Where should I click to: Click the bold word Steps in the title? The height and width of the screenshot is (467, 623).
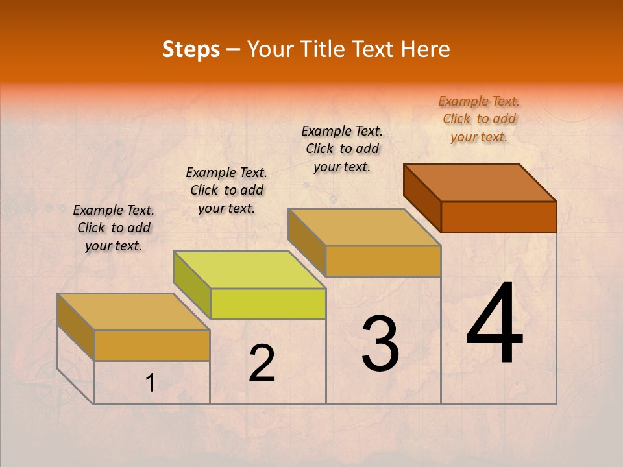[x=191, y=49]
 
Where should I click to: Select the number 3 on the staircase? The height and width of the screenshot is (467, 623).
[x=380, y=344]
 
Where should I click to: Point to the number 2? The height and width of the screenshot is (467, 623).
[x=262, y=363]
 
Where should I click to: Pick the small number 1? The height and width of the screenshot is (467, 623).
[x=150, y=383]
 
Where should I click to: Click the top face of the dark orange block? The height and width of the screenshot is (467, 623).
[x=480, y=182]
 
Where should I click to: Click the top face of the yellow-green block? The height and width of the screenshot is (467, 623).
[x=250, y=269]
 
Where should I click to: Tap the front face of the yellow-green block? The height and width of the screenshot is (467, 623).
[x=268, y=304]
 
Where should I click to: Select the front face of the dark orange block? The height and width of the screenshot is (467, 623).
[x=498, y=216]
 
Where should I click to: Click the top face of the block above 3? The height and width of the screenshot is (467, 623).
[x=365, y=227]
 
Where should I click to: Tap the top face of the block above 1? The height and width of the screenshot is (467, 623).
[x=134, y=312]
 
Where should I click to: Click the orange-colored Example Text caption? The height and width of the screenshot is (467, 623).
[x=479, y=119]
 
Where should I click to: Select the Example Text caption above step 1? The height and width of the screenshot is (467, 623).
[x=114, y=228]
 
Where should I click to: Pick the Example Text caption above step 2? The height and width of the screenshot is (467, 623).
[x=226, y=190]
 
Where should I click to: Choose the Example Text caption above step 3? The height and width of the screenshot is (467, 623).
[x=342, y=149]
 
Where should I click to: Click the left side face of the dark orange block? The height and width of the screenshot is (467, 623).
[x=422, y=198]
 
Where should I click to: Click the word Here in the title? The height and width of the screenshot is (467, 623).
[x=426, y=49]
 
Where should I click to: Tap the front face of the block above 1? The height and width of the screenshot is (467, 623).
[x=152, y=345]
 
